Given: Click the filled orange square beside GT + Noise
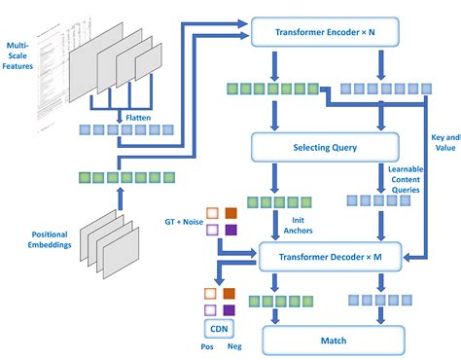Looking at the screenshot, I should pos(230,212).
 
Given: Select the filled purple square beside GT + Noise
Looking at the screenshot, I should pos(230,231).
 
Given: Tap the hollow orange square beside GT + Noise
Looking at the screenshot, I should pos(209,212).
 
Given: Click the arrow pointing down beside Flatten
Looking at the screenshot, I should pos(117,115).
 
